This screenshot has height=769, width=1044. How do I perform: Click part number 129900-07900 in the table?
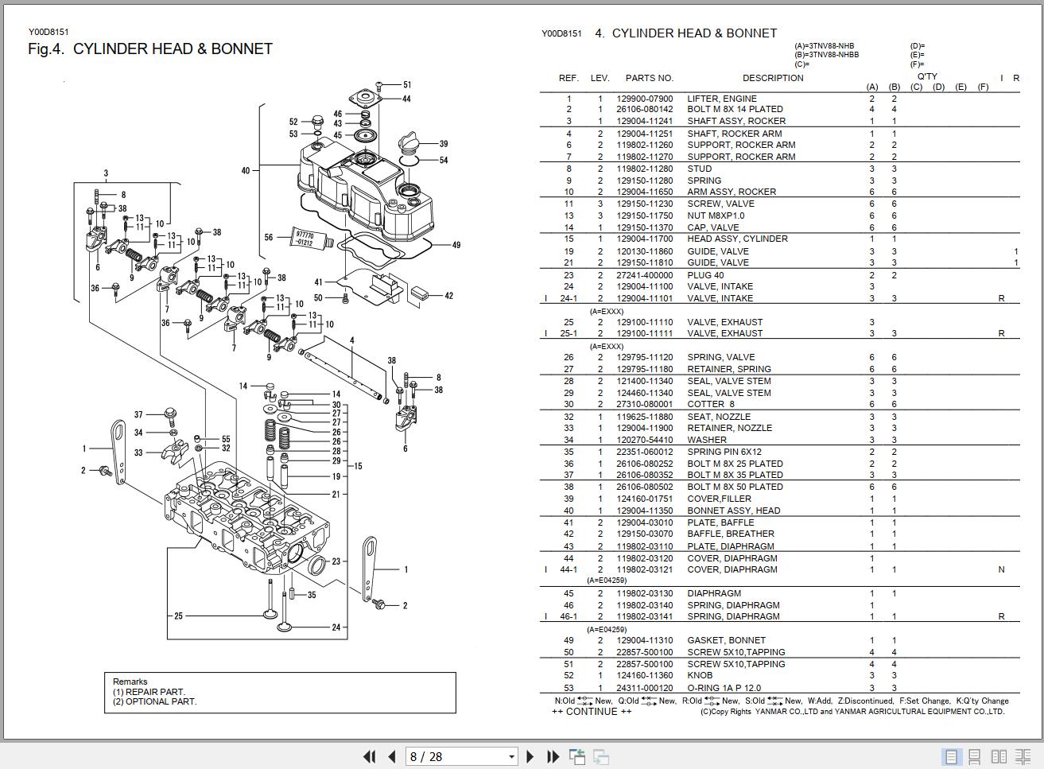[644, 99]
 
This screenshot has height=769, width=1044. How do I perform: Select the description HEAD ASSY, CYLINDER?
[737, 239]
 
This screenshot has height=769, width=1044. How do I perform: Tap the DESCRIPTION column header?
[772, 78]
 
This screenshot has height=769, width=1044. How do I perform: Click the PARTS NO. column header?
[649, 78]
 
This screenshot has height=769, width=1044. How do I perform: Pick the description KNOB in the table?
[700, 676]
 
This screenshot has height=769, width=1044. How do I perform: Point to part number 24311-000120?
[644, 688]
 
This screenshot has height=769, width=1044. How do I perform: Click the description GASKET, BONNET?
[726, 640]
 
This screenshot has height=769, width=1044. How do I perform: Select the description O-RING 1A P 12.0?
[724, 688]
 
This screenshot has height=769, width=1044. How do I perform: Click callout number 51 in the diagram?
[407, 84]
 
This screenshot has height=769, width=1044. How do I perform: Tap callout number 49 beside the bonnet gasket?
[456, 245]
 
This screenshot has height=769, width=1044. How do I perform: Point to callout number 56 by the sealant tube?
[269, 237]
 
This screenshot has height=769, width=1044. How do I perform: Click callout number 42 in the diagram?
[448, 296]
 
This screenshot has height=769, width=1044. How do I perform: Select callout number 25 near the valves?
[178, 616]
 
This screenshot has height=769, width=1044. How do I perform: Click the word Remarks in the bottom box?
[130, 682]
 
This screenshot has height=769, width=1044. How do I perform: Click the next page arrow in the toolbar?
[530, 756]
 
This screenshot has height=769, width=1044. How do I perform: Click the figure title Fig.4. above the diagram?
[44, 49]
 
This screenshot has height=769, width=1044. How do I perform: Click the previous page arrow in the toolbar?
[391, 756]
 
